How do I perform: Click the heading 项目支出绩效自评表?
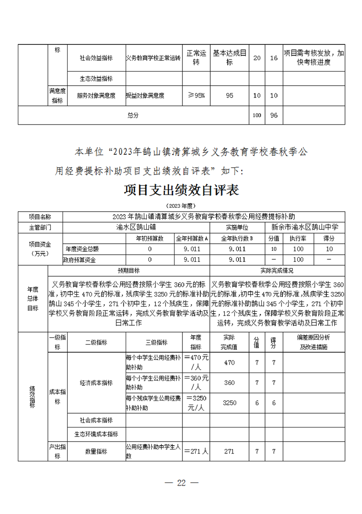pos(181,190)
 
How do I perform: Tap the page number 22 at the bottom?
pos(181,483)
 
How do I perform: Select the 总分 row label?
pos(133,115)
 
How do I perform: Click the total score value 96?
pos(274,115)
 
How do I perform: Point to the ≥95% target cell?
pos(197,96)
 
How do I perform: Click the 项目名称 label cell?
pos(40,216)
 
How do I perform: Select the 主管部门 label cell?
pos(40,227)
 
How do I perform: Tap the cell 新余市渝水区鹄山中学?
pos(308,227)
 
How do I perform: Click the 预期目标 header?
pos(128,270)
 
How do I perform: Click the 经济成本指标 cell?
pos(96,383)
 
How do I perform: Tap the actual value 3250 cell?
pos(229,403)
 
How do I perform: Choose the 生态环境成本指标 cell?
pos(96,434)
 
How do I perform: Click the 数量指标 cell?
pos(96,451)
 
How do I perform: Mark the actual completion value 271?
pos(229,451)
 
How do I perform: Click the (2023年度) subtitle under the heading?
pos(181,205)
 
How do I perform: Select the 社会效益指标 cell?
pos(96,58)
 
